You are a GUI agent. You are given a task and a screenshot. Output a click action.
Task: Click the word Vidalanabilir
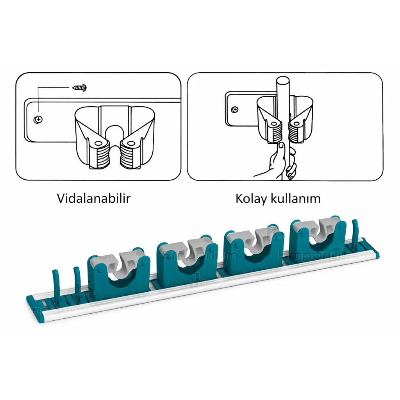(93, 198)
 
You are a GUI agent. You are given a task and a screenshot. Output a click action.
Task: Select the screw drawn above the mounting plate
(80, 87)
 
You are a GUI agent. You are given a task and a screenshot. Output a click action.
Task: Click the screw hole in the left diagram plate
(38, 120)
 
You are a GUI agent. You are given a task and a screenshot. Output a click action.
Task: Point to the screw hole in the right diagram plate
(234, 109)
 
